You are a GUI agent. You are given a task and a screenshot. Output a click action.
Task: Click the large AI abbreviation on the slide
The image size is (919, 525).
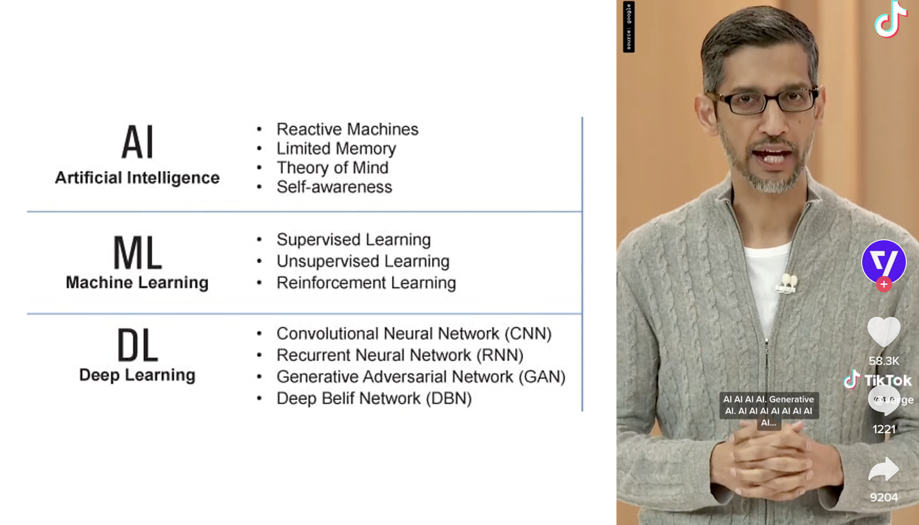point(137,142)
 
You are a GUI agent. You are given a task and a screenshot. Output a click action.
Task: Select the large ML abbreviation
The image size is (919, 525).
point(137,252)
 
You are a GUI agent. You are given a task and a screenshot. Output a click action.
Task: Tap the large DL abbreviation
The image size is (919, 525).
point(137,346)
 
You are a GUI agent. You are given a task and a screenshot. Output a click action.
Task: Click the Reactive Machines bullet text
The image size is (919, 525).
point(347,129)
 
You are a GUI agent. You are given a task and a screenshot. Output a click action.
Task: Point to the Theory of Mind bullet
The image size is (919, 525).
point(332,168)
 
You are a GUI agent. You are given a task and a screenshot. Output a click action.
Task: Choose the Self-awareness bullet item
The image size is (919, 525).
point(334,187)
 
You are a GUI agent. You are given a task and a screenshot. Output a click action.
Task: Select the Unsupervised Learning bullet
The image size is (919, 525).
point(363,261)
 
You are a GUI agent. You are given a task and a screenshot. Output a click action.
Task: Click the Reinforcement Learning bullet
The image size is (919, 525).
point(366,283)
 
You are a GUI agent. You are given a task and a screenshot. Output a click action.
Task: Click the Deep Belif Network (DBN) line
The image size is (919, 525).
point(374,398)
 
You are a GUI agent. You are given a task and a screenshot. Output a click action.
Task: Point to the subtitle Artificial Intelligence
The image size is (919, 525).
point(137,178)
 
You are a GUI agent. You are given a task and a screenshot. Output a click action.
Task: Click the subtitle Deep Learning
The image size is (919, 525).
point(137,375)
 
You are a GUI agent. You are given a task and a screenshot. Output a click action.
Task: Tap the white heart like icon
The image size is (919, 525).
point(884,331)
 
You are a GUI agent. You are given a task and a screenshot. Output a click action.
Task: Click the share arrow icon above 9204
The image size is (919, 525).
point(884,470)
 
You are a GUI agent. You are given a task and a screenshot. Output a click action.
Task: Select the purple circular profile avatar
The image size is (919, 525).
point(884,262)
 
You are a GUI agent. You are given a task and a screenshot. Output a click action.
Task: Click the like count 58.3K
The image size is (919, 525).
point(884,361)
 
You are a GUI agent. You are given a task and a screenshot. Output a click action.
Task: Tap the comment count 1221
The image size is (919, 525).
point(884,429)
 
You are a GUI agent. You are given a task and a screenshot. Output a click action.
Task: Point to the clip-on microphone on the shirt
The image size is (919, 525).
point(786,283)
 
